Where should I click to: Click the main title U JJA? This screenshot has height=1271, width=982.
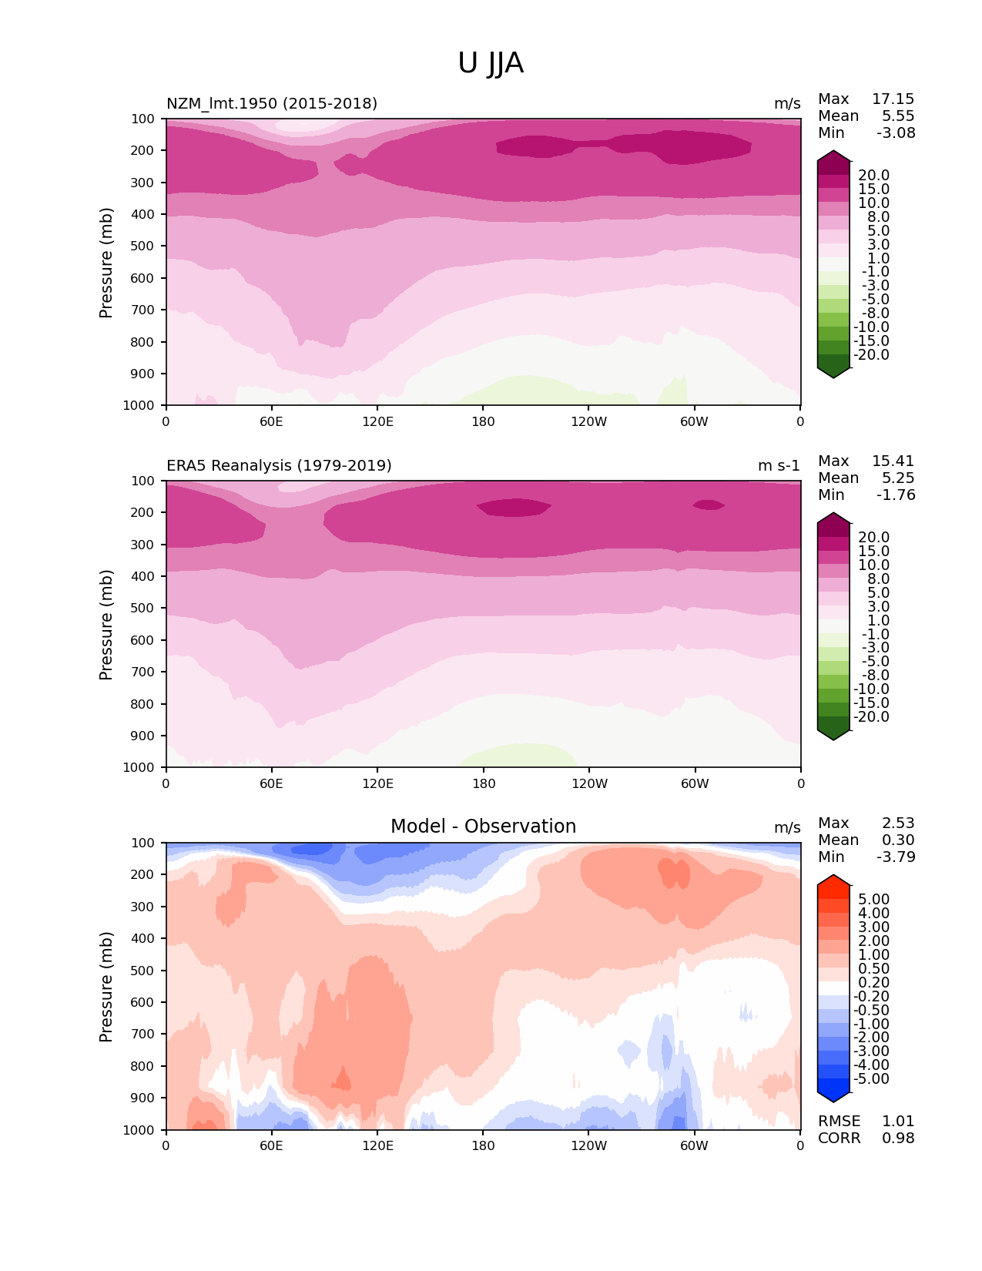(491, 63)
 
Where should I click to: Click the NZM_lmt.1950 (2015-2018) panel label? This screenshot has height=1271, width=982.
(272, 104)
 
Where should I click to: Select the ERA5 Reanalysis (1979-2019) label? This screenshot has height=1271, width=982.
(279, 466)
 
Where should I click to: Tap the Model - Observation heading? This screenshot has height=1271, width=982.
(483, 827)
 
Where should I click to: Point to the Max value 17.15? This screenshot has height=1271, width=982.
(893, 99)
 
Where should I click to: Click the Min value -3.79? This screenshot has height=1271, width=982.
(896, 857)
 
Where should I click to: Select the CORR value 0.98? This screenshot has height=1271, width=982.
(898, 1139)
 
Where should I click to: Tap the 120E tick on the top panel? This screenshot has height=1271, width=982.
(377, 421)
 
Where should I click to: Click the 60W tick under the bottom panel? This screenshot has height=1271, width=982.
(694, 1145)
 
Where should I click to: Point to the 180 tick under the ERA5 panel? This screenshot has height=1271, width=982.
(483, 783)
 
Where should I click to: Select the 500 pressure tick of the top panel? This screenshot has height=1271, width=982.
(144, 246)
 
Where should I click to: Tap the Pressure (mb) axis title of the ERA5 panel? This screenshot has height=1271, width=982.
(106, 625)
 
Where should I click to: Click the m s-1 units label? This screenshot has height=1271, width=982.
(779, 466)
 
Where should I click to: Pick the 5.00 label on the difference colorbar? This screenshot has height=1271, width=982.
(874, 900)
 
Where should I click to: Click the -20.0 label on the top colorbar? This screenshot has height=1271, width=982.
(872, 355)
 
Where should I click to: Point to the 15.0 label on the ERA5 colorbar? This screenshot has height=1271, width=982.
(874, 552)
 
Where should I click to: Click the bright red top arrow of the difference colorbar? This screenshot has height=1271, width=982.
(833, 883)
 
